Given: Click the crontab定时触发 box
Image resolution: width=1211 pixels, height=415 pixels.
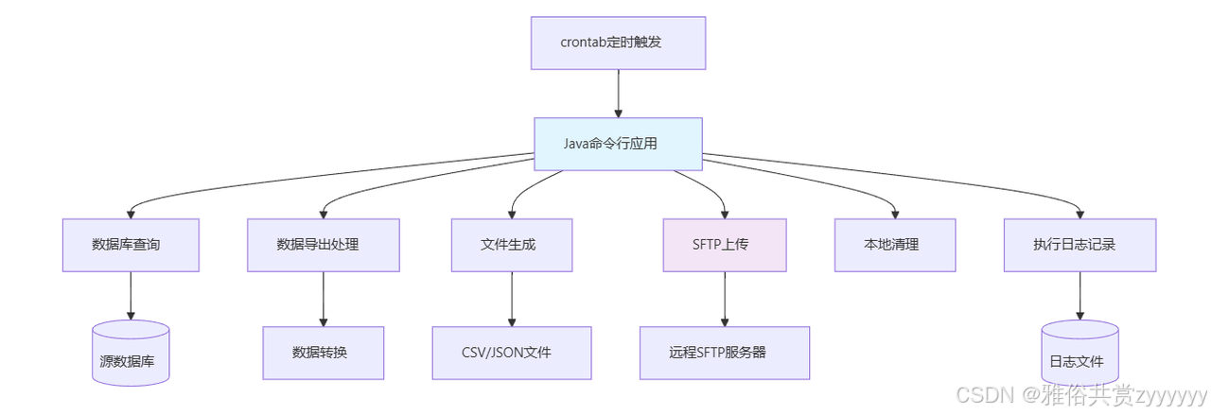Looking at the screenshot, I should tap(618, 43).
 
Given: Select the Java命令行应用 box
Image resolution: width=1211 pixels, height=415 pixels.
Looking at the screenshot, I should tap(618, 144).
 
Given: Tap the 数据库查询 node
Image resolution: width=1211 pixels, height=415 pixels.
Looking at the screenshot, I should tap(131, 245).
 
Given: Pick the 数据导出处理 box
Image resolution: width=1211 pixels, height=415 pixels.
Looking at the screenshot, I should tap(324, 245).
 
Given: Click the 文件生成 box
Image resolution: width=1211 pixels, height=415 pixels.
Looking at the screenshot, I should tap(512, 245).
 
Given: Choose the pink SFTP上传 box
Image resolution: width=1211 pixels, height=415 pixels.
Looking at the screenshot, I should tap(725, 245).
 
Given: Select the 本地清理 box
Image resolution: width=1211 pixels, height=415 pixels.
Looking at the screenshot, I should tap(895, 245).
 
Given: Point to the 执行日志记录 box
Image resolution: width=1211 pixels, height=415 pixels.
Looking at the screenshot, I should tap(1079, 245).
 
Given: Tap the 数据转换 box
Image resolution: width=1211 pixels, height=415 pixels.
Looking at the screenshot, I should tap(324, 353).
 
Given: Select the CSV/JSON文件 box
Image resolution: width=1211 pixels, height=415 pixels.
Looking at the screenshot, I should tap(512, 353).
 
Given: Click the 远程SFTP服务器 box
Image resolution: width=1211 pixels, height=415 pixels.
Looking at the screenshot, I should tap(725, 353).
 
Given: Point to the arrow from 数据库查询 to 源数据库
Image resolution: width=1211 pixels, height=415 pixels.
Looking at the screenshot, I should tap(131, 296).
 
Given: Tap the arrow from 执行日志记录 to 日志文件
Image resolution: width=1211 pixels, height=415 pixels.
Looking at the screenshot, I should tap(1079, 296).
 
